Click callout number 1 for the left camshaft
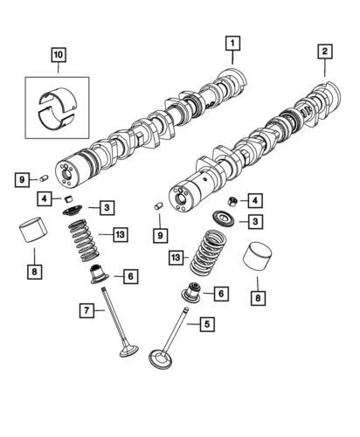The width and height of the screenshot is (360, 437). [232, 41]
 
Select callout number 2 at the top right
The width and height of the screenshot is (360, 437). [325, 52]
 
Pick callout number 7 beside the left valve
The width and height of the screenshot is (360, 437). [87, 311]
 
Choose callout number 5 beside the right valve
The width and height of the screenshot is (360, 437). [206, 324]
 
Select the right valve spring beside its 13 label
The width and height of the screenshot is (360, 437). [207, 253]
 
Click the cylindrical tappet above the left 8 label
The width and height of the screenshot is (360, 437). [32, 236]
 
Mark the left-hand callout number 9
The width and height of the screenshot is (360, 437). [21, 180]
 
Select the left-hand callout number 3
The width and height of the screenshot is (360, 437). [106, 208]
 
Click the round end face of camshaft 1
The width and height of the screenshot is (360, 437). [66, 170]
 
